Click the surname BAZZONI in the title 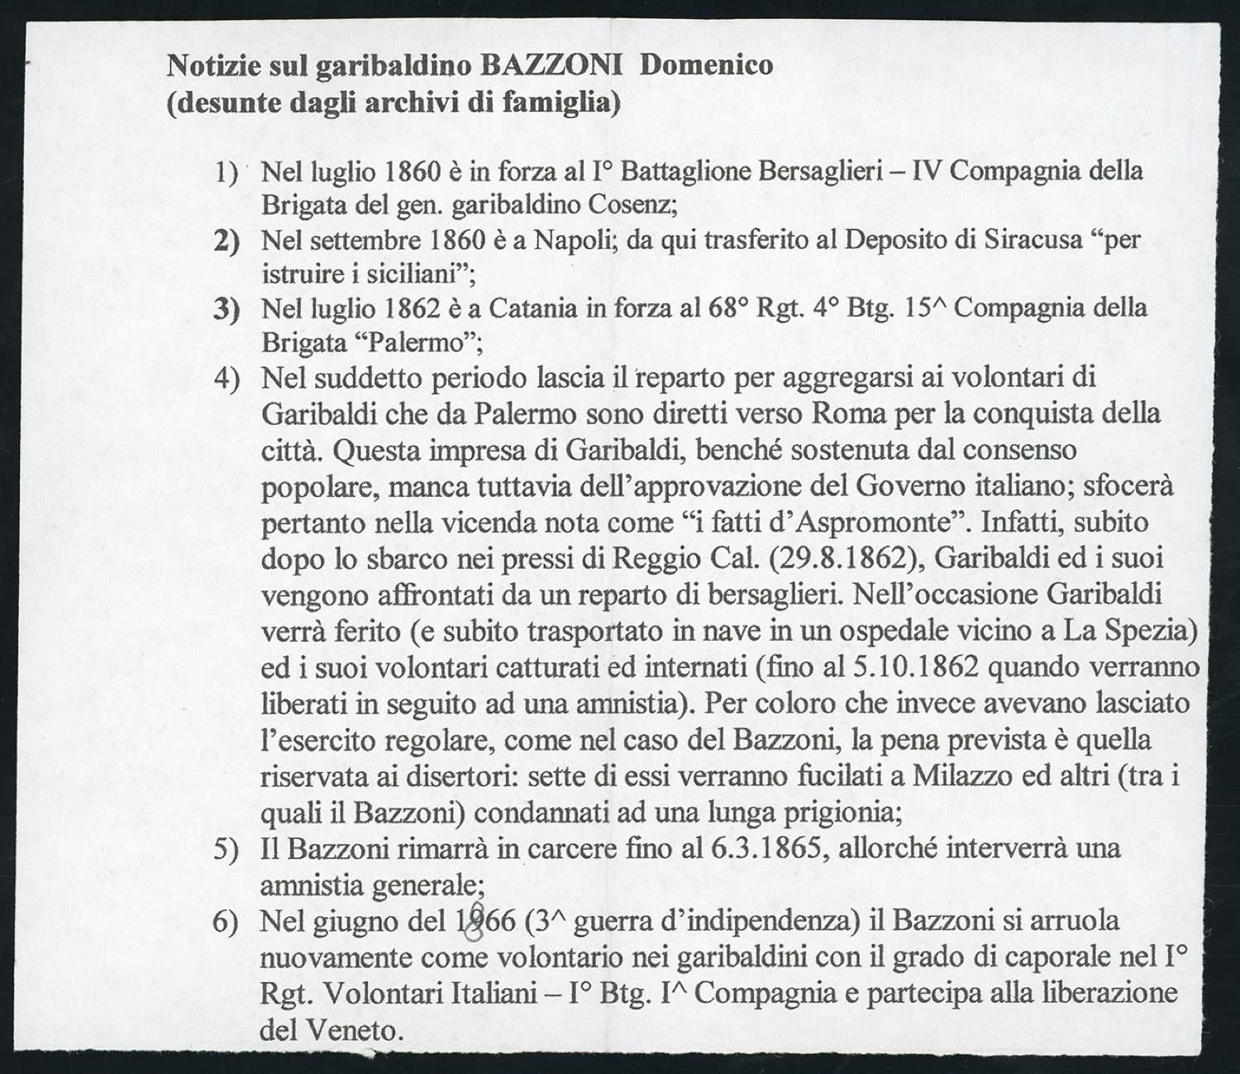(x=551, y=64)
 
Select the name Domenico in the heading (x=707, y=64)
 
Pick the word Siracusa (x=1033, y=240)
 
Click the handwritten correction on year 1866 (x=475, y=920)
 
